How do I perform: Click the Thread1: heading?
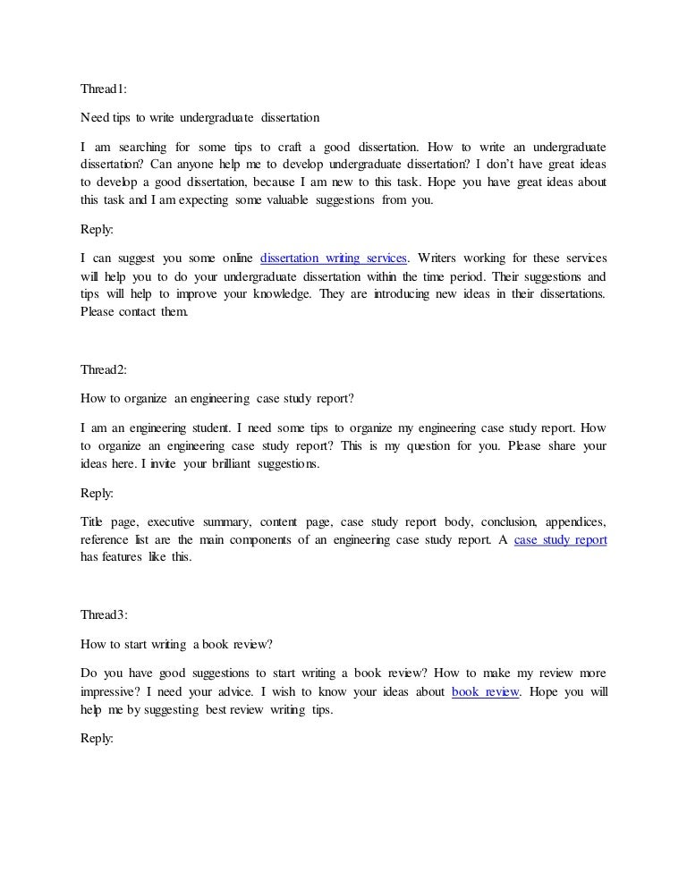click(x=105, y=89)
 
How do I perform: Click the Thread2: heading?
click(x=105, y=369)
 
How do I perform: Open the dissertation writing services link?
click(x=334, y=259)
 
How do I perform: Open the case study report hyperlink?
click(x=561, y=540)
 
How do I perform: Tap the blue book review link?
click(x=486, y=691)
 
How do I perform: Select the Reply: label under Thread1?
click(x=97, y=229)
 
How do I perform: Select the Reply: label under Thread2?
click(x=97, y=493)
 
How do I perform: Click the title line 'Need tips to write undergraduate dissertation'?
click(x=199, y=117)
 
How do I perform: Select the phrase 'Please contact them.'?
click(x=134, y=313)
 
